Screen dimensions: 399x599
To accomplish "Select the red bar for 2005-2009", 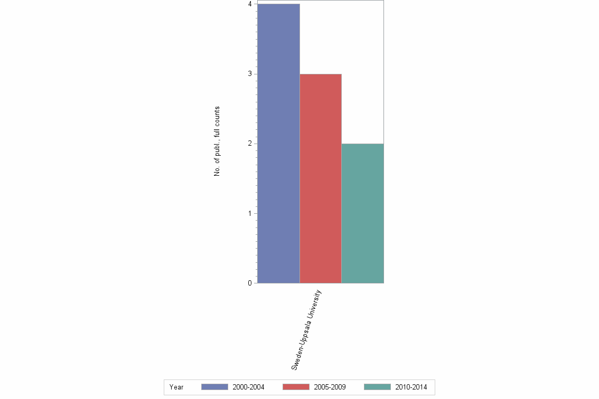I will (320, 178).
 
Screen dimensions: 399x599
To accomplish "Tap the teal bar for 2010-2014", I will (362, 213).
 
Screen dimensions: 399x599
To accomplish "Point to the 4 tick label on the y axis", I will (249, 4).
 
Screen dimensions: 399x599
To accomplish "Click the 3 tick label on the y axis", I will (249, 74).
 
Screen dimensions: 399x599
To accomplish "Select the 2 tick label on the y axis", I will (249, 144).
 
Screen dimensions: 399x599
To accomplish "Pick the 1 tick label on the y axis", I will (249, 213).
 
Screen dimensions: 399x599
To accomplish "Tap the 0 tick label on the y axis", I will (249, 283).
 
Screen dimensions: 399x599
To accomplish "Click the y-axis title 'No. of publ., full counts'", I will (217, 141).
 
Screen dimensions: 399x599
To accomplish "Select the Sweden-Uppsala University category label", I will (306, 330).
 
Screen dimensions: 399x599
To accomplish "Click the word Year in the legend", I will (176, 387).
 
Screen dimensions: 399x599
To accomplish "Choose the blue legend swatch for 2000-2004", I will (214, 387).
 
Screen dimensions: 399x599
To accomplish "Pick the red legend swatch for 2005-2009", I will (296, 387).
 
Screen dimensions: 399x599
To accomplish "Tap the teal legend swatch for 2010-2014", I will (378, 387).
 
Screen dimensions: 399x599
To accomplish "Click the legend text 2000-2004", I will (248, 387).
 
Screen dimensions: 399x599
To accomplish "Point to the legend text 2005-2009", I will (330, 387).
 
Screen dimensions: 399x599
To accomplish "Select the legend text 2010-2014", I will (411, 387).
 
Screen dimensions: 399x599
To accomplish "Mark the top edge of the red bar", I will (320, 74).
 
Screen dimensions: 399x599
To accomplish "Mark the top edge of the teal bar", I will (362, 144).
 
